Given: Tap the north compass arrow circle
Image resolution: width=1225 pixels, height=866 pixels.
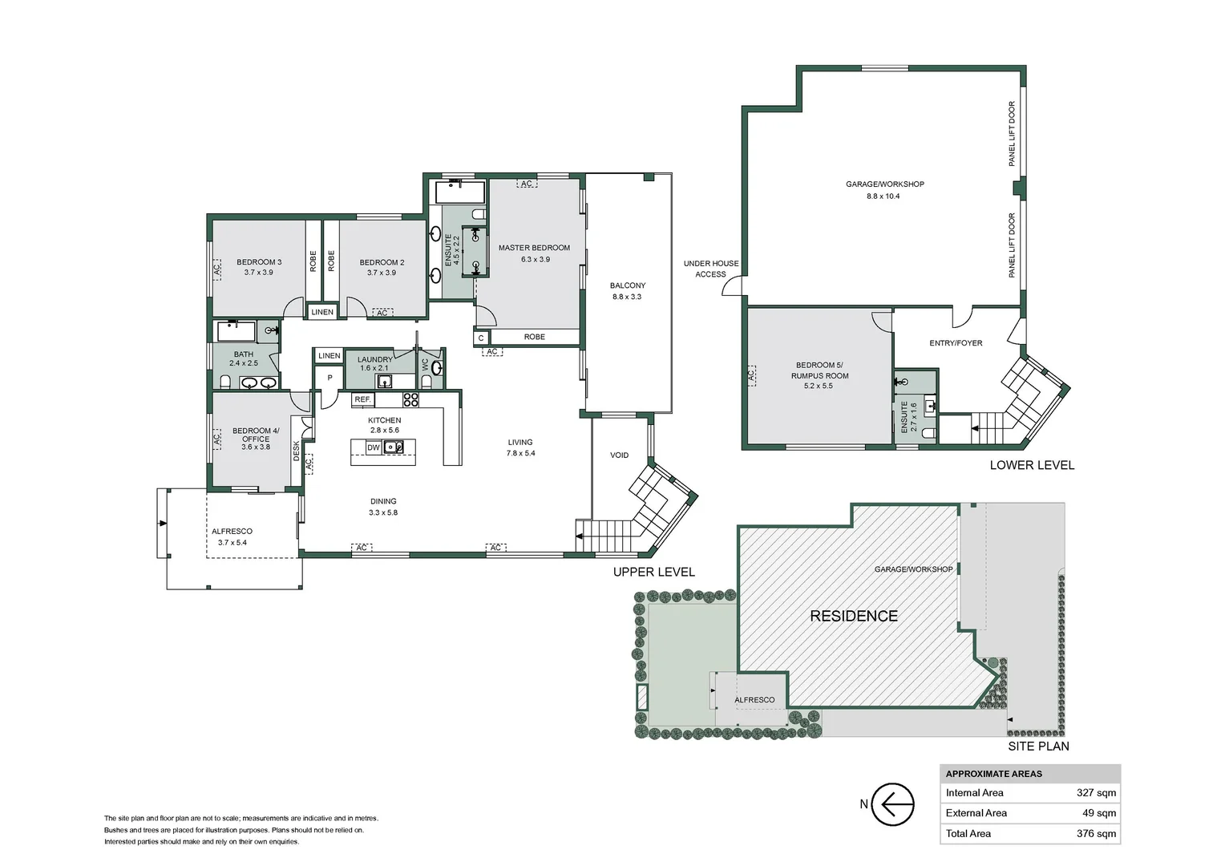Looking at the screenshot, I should [x=891, y=803].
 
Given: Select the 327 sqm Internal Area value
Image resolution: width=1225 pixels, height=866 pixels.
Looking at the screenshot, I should [x=1095, y=793].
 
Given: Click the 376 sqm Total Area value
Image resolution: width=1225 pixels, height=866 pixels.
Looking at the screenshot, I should [x=1095, y=834].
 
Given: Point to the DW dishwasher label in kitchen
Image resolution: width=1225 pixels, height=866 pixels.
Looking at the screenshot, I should [x=374, y=448].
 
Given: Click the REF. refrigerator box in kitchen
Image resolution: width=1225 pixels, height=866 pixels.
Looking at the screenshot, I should [x=363, y=399].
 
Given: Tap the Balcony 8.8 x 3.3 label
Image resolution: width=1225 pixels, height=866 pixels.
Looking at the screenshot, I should [x=627, y=290].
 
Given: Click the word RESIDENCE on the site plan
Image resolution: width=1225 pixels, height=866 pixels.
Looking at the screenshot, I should [x=853, y=616].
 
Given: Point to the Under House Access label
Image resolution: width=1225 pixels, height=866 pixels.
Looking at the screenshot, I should [x=711, y=269].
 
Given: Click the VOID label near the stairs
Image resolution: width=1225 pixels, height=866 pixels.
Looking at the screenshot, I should [x=619, y=455].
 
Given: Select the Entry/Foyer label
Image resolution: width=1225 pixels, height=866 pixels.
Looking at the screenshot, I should [x=956, y=343].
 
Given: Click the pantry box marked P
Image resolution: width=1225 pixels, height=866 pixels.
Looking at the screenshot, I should [x=329, y=378].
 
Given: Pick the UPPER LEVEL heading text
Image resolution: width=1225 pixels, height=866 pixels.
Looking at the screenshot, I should [x=653, y=572].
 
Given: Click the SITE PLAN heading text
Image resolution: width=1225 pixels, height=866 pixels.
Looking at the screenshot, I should [x=1038, y=746].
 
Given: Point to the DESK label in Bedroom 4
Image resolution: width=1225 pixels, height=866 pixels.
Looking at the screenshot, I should [x=296, y=450].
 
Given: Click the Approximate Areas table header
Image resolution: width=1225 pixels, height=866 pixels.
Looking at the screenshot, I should [x=994, y=774].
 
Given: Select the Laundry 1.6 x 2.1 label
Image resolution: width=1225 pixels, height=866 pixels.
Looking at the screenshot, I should [x=374, y=363].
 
